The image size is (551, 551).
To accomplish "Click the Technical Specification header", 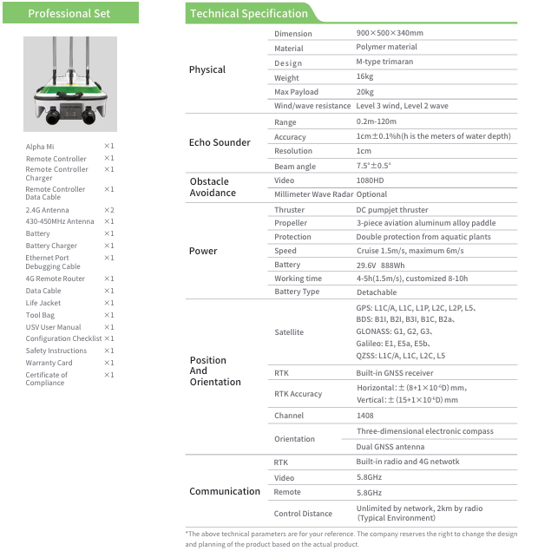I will click(249, 13).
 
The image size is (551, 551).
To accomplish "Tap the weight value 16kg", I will click(364, 77).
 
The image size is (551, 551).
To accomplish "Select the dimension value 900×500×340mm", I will click(389, 33).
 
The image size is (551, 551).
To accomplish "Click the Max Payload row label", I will click(296, 92).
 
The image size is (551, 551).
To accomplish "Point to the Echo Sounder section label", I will click(220, 142).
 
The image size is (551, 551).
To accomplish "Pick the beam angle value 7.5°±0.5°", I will click(374, 166).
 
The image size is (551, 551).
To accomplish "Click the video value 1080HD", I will click(370, 180).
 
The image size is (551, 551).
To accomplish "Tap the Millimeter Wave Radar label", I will click(313, 194).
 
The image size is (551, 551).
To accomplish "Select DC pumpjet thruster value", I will click(391, 210).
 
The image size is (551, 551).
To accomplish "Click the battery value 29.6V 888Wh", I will click(380, 265).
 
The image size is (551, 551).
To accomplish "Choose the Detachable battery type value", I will click(377, 292).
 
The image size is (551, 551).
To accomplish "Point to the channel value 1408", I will click(365, 416).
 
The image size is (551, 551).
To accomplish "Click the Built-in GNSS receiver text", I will click(396, 372).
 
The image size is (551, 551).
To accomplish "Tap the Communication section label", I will click(225, 491).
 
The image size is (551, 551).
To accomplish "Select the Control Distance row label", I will click(303, 514).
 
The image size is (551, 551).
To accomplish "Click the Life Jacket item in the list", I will click(44, 303).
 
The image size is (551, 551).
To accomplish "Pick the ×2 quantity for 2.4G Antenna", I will click(109, 210).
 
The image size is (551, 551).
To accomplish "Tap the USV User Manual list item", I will click(53, 327).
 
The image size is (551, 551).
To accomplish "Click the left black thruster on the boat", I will click(53, 114).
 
